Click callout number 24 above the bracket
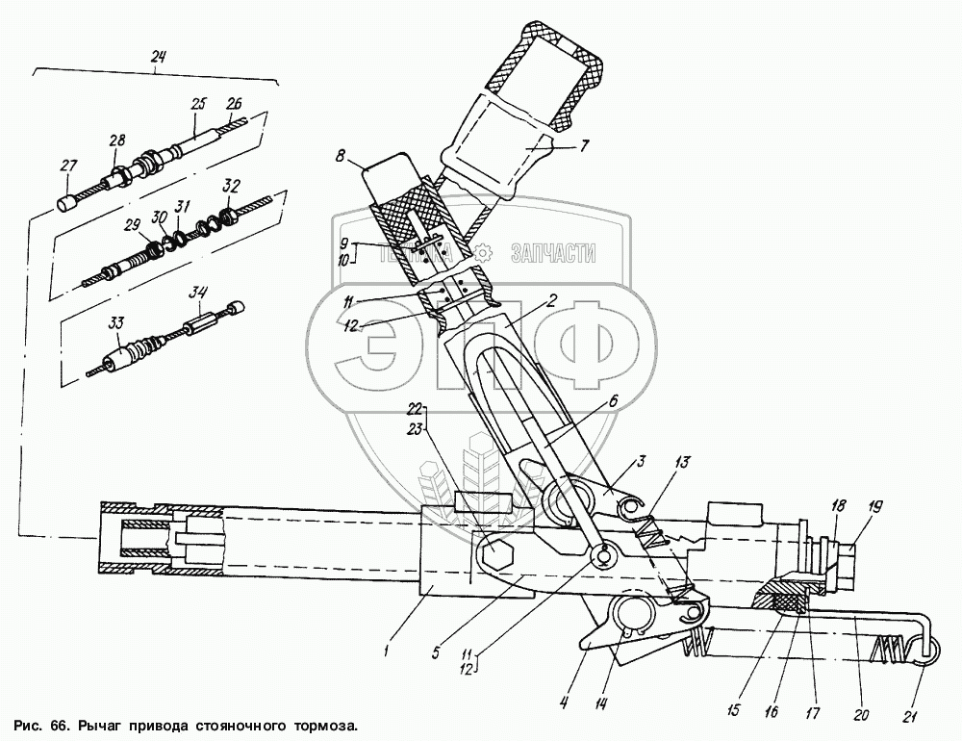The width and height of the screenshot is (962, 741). [159, 57]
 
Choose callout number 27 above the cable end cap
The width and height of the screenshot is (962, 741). [66, 165]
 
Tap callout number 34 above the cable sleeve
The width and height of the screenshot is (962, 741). [198, 292]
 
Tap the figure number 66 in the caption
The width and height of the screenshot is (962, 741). [57, 724]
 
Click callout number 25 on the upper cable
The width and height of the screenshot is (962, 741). [200, 102]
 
